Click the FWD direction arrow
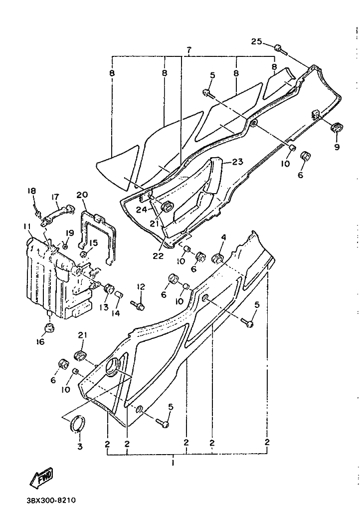tap(42, 478)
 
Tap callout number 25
tap(256, 42)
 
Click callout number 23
tap(238, 162)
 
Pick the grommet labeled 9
tap(336, 128)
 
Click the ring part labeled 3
tap(78, 423)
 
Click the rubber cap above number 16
tap(49, 327)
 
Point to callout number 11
tap(27, 227)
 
